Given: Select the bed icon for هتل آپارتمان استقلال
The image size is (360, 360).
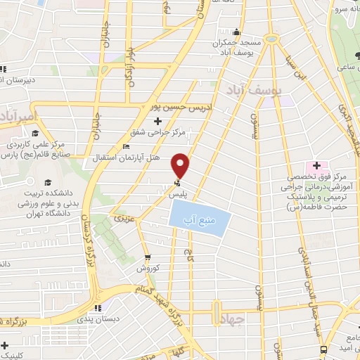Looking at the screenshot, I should pos(126,147).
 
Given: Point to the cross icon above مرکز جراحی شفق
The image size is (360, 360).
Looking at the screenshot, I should pos(167,121).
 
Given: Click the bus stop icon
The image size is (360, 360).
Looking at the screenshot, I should pos(323,349).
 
